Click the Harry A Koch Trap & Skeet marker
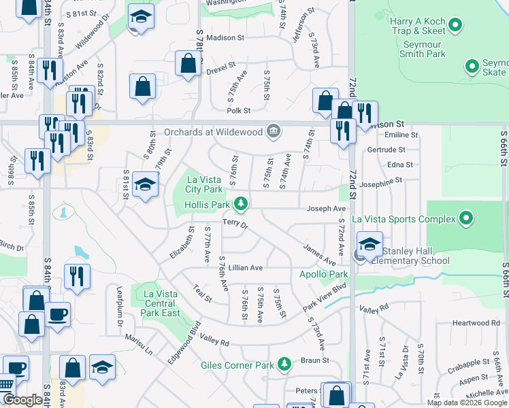click(456, 27)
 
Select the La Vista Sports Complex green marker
click(465, 219)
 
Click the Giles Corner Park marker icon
click(284, 364)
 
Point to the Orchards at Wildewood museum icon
click(274, 131)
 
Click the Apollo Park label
click(324, 275)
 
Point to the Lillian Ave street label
click(245, 268)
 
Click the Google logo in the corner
click(22, 400)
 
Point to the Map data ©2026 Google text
click(466, 403)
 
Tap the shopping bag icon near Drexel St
click(186, 64)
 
